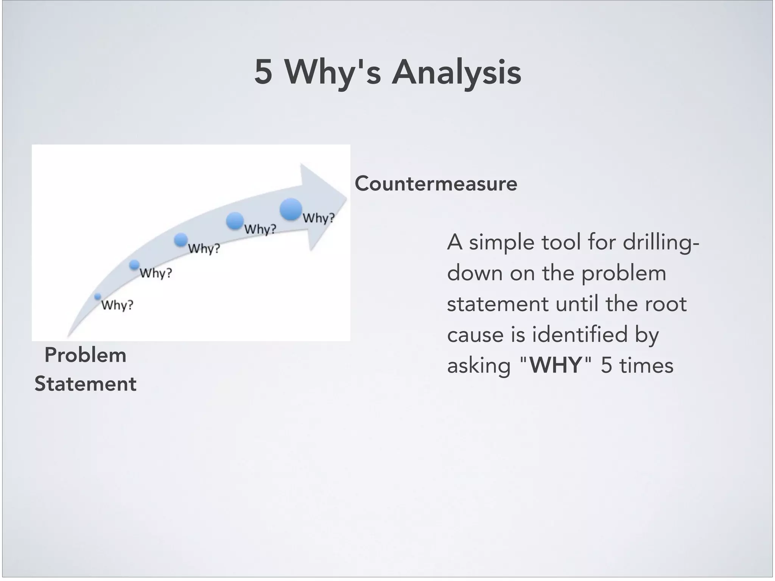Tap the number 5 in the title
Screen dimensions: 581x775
pos(263,72)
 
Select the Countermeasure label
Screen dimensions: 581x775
pos(436,184)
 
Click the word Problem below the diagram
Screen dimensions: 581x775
pos(85,356)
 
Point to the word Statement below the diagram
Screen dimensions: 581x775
pos(85,384)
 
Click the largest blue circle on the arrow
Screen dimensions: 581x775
pos(291,209)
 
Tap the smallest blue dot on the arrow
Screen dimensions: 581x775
pos(98,297)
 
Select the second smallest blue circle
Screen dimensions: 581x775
pos(134,265)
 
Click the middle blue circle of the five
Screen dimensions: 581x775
pos(181,239)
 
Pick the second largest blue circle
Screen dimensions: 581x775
pos(235,221)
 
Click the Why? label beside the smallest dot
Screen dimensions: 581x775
pos(117,305)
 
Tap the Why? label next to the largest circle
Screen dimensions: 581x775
pos(319,218)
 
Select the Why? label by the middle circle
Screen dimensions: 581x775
pos(204,249)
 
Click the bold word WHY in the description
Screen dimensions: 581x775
pos(555,366)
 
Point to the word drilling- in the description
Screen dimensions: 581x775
pos(661,242)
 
